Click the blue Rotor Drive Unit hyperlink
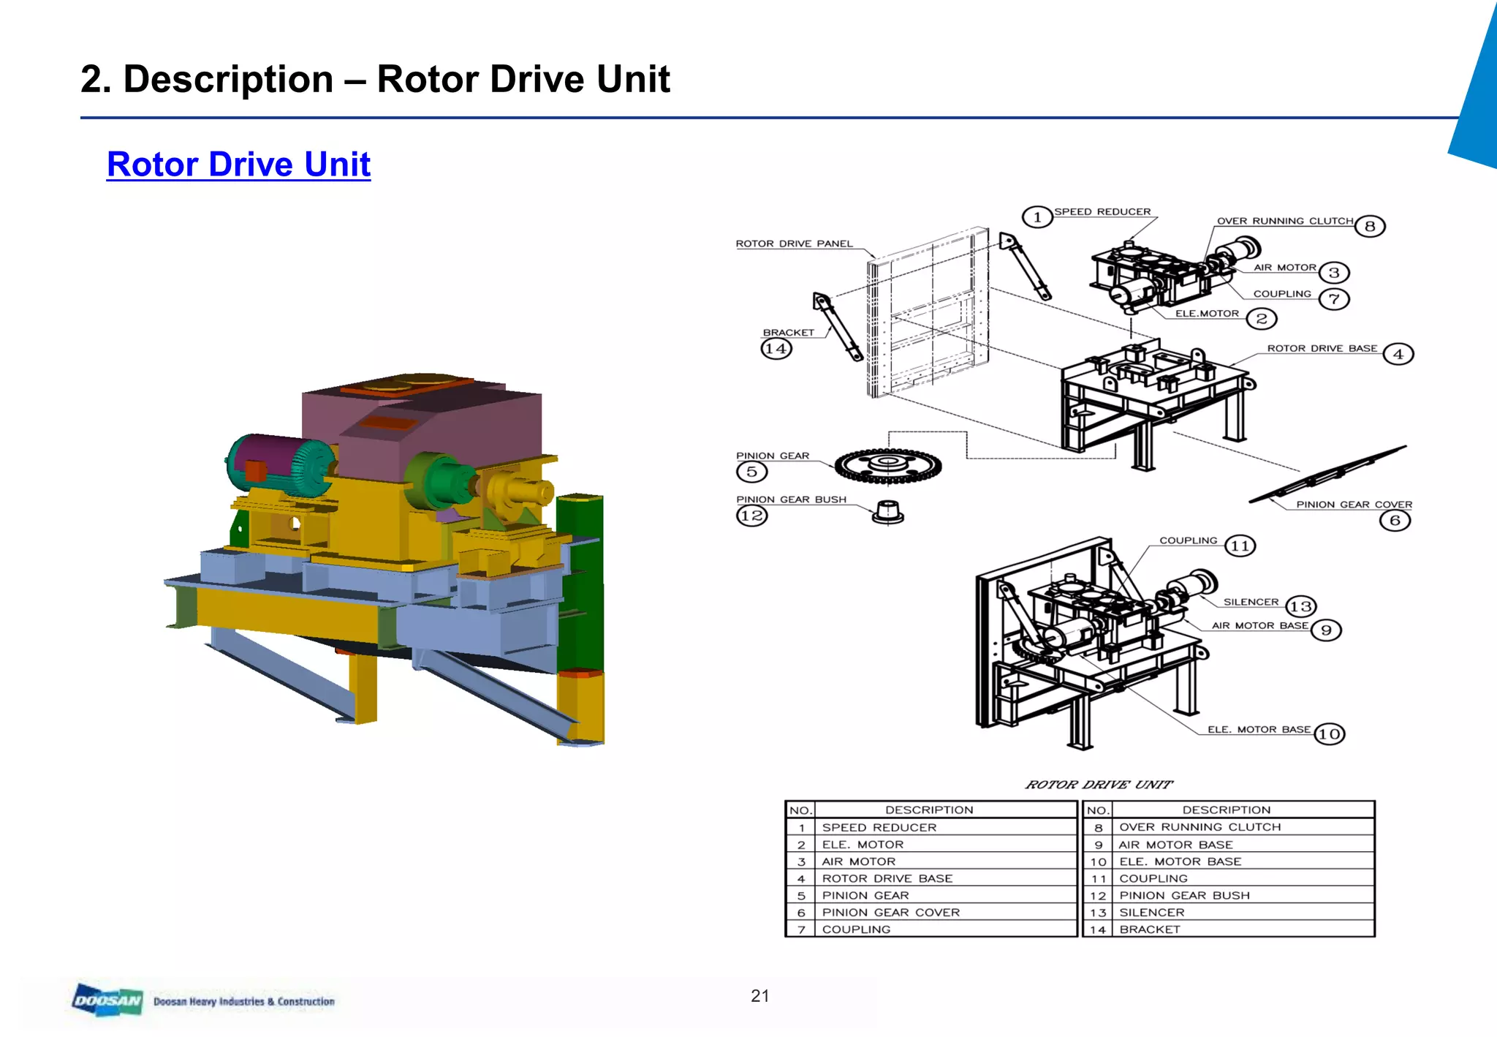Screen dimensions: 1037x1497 pyautogui.click(x=238, y=164)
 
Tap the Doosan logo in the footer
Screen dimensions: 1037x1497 pyautogui.click(x=107, y=1000)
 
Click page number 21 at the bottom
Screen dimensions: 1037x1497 pyautogui.click(x=759, y=995)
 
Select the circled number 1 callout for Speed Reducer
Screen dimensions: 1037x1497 pyautogui.click(x=1036, y=217)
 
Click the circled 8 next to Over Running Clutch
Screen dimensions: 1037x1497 pyautogui.click(x=1369, y=226)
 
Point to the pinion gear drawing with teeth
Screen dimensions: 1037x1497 pyautogui.click(x=887, y=466)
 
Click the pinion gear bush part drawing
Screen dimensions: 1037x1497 pyautogui.click(x=888, y=513)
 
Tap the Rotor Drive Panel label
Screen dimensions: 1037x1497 pyautogui.click(x=794, y=244)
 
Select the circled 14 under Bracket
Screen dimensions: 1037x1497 pyautogui.click(x=776, y=349)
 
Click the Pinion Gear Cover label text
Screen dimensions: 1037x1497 pyautogui.click(x=1354, y=505)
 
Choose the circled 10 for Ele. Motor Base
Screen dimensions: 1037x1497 pyautogui.click(x=1329, y=734)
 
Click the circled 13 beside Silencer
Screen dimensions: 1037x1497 pyautogui.click(x=1300, y=606)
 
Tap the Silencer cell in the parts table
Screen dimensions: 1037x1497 pyautogui.click(x=1152, y=913)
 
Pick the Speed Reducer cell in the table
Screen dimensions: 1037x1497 pyautogui.click(x=879, y=828)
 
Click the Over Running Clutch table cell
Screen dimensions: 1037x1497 pyautogui.click(x=1200, y=827)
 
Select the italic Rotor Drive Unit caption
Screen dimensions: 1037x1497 pyautogui.click(x=1099, y=785)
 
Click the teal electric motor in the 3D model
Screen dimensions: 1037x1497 pyautogui.click(x=274, y=464)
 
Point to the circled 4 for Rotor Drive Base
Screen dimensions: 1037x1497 pyautogui.click(x=1398, y=355)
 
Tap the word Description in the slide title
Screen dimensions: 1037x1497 pyautogui.click(x=228, y=79)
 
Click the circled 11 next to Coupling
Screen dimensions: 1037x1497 pyautogui.click(x=1240, y=546)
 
